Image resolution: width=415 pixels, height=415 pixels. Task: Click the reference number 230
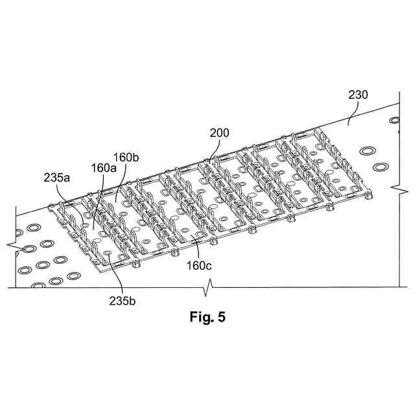tap(357, 95)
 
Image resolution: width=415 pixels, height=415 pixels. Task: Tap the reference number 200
tap(220, 134)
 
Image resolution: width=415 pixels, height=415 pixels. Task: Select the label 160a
tap(104, 167)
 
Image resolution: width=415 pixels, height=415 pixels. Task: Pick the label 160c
tap(198, 265)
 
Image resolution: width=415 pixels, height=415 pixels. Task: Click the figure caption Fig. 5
tap(207, 318)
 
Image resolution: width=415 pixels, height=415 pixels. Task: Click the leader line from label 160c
tap(195, 250)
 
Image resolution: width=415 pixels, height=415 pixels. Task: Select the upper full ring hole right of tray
tap(368, 151)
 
